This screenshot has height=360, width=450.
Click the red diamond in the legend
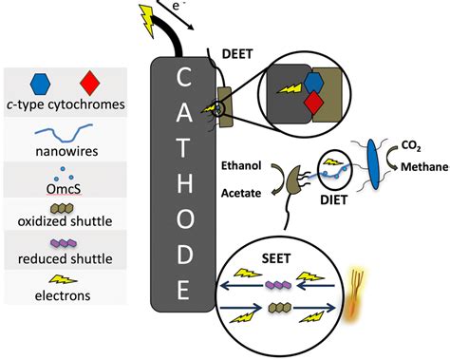(90, 82)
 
